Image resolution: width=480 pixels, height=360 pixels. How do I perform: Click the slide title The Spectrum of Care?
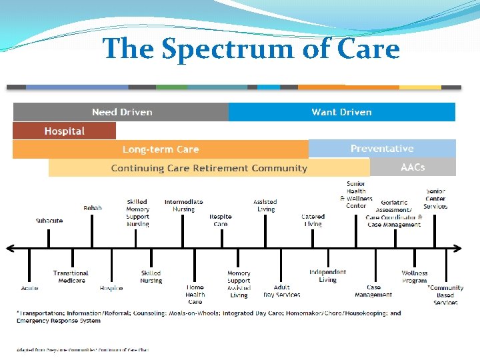coord(251,49)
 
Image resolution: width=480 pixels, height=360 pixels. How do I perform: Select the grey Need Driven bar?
coord(121,112)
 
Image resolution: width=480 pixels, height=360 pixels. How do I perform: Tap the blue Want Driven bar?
coord(341,112)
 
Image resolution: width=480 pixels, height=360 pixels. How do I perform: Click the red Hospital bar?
coord(64,131)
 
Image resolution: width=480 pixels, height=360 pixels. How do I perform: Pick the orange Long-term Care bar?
coord(160,149)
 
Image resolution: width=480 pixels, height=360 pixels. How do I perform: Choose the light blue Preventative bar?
coord(382,149)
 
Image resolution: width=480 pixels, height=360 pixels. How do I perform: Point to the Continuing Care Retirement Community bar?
coord(209,168)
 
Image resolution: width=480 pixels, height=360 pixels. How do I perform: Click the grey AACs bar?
coord(413,167)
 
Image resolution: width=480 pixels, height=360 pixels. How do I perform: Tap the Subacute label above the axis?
coord(49,221)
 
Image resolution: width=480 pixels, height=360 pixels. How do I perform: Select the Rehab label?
coord(93,208)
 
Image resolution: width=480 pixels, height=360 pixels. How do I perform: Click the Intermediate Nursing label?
coord(183,205)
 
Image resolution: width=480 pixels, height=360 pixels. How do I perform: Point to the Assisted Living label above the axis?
coord(266,205)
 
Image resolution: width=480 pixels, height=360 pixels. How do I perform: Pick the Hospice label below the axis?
coord(111,288)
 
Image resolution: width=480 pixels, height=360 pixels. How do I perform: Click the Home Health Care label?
coord(195,295)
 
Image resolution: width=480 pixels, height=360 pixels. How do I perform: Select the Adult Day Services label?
coord(281,291)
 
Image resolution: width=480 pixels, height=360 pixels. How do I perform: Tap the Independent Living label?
coord(327,276)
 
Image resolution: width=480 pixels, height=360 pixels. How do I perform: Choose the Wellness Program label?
coord(415,277)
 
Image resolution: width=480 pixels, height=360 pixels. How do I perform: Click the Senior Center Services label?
coord(435,199)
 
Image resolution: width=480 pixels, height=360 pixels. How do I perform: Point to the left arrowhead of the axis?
coord(9,249)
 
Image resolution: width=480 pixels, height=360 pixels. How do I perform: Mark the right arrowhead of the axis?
coord(457,249)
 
